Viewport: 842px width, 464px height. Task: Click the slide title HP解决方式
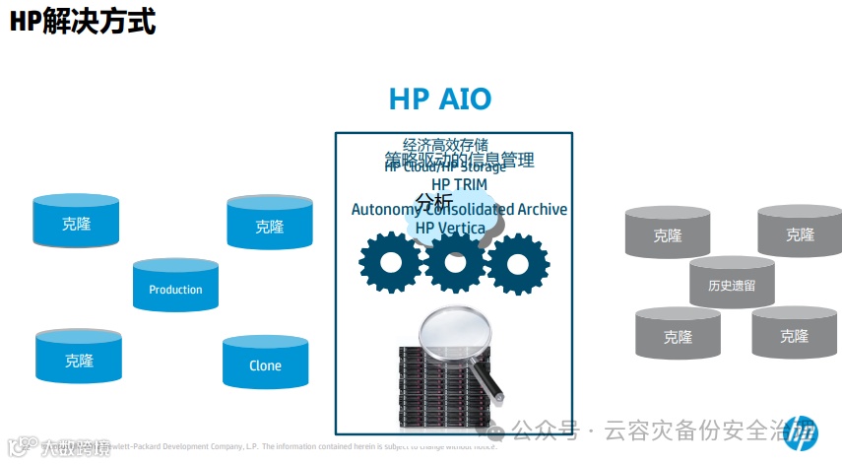coord(83,21)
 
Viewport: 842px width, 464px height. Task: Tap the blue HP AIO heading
coord(440,99)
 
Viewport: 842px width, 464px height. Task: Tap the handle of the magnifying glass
coord(489,383)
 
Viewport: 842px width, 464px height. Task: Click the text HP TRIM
coord(459,184)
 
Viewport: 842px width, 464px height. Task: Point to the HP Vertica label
coord(450,229)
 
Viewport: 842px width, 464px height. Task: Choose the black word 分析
coord(433,201)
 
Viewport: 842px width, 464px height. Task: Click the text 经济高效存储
coord(445,145)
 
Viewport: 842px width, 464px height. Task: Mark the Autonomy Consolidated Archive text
coord(459,209)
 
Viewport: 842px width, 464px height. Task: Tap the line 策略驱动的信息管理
coord(459,159)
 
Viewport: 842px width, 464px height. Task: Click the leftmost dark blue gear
coord(390,262)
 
